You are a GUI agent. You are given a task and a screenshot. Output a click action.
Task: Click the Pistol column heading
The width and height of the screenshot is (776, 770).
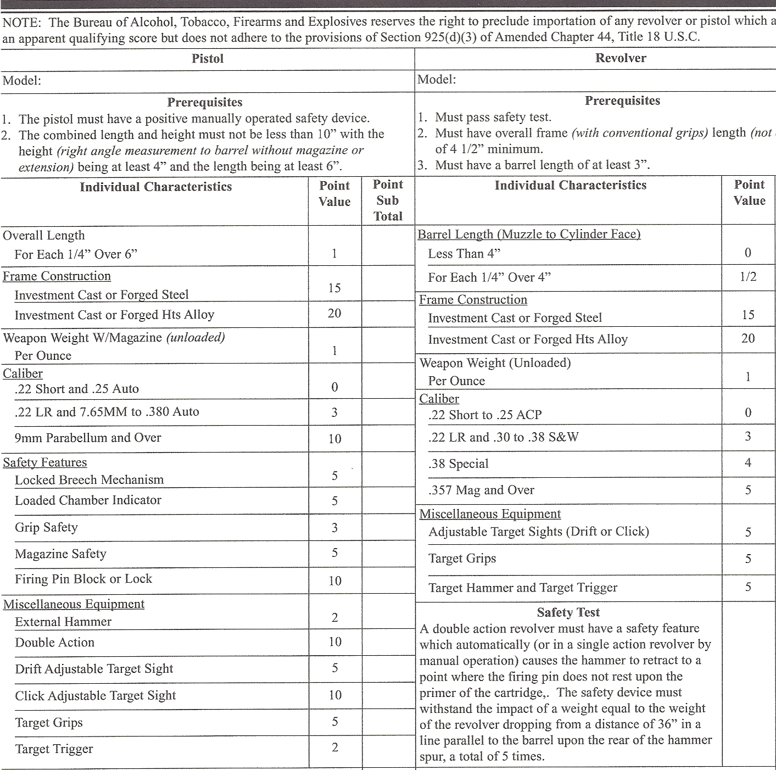(208, 59)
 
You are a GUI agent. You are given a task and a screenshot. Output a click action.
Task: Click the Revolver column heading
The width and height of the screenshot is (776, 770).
(621, 58)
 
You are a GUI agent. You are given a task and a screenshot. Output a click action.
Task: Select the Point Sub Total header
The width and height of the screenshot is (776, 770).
(388, 200)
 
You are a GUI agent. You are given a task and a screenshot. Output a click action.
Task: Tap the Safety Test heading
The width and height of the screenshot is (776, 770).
(568, 612)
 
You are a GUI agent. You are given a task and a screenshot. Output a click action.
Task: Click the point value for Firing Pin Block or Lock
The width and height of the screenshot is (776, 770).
(334, 581)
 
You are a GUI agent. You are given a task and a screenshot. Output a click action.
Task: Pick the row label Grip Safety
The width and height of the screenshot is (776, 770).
(46, 527)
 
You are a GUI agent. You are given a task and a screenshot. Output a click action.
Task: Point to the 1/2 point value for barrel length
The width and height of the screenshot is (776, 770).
(748, 277)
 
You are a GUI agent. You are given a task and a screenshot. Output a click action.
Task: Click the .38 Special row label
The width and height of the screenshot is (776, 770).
(458, 464)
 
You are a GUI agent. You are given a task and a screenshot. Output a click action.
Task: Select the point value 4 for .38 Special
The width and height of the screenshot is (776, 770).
(748, 463)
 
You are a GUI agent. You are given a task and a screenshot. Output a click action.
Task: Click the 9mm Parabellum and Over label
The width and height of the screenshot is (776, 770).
(88, 438)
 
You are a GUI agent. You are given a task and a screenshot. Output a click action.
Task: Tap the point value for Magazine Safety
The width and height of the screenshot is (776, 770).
(334, 553)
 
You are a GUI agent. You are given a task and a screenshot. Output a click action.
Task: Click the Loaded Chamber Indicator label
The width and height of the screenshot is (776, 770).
(88, 500)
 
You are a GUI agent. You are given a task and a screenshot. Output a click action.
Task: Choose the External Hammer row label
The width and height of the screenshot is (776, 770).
(63, 622)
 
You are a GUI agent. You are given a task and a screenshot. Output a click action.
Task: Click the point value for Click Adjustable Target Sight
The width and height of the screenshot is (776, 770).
(335, 695)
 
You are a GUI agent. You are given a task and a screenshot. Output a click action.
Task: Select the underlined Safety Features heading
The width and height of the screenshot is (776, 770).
(45, 462)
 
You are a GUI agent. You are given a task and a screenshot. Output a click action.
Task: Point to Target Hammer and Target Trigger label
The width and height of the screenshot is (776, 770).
(523, 588)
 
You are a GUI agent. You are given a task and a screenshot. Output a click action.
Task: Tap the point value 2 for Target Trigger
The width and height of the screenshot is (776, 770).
(334, 747)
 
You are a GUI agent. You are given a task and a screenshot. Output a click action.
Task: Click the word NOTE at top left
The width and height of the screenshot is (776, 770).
(21, 23)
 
